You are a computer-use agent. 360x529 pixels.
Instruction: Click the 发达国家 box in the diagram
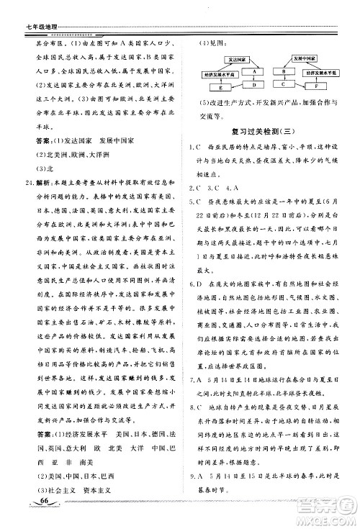pos(223,60)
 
